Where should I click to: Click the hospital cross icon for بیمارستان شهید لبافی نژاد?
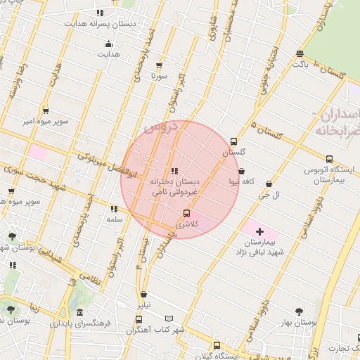[259, 231]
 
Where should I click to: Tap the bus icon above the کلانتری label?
[186, 213]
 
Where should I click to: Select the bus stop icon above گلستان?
[234, 141]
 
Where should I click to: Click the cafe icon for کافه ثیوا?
[242, 171]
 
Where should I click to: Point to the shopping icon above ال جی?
[269, 184]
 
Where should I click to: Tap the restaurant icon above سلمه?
[114, 209]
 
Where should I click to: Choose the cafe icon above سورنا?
[159, 65]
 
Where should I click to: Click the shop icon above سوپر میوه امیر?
[46, 111]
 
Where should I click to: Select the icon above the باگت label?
[300, 54]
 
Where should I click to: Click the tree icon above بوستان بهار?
[299, 311]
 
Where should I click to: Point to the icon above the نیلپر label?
[144, 295]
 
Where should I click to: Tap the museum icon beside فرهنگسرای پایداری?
[79, 313]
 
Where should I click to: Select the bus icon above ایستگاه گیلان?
[217, 345]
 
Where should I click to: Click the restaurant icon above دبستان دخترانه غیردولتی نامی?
[174, 171]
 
